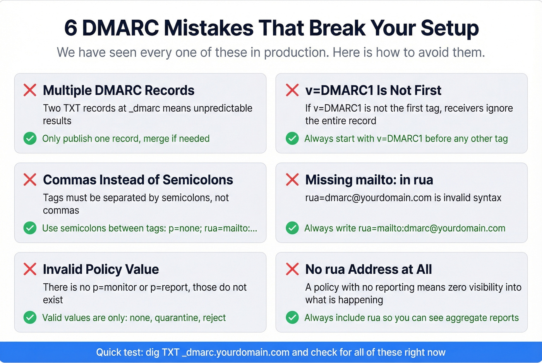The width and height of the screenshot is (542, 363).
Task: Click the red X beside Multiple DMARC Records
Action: pos(30,90)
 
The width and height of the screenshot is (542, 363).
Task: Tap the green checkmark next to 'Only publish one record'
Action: pos(30,138)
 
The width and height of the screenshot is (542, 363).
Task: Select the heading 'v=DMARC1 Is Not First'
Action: pos(373,90)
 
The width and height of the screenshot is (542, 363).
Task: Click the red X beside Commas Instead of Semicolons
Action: pos(30,180)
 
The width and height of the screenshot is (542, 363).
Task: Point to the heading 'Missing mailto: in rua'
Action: pos(369,180)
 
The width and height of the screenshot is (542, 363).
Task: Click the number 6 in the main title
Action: pos(70,28)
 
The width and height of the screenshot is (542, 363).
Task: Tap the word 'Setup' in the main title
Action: pos(449,28)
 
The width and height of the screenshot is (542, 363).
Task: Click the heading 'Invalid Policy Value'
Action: pos(101,269)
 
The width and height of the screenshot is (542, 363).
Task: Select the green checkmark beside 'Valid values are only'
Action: pos(30,317)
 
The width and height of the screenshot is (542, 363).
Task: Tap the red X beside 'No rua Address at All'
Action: pos(292,269)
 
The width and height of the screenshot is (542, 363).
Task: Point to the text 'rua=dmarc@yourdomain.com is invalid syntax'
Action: pos(403,198)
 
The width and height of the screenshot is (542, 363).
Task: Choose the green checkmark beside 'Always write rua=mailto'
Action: pos(292,228)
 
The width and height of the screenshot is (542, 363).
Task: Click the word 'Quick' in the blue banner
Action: pos(110,352)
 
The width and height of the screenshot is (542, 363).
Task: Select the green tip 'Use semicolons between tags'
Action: pos(149,228)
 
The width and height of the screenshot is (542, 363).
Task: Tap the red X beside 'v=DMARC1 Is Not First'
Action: pos(292,90)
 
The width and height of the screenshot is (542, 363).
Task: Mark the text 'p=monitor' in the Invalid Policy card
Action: pos(115,287)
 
